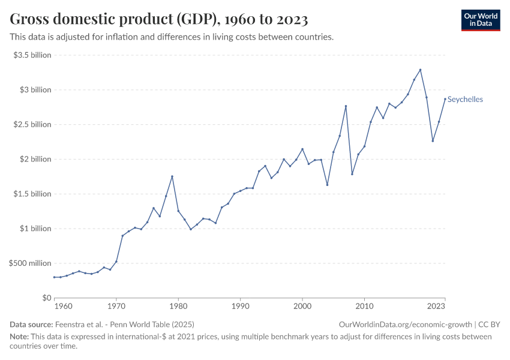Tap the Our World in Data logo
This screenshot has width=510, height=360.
point(481,20)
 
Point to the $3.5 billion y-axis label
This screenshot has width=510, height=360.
point(33,55)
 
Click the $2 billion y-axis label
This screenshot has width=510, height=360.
point(37,159)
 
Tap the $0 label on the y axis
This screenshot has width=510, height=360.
point(46,298)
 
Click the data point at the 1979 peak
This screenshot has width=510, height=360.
point(172,176)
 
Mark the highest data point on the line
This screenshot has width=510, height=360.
point(420,70)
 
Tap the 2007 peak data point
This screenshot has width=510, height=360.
point(346,106)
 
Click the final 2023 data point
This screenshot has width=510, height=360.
point(445,99)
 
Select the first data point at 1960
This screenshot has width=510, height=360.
point(55,277)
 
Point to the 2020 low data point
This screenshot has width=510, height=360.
point(433,141)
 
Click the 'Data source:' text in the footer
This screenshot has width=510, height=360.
point(31,325)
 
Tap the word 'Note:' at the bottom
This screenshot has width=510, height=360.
point(20,337)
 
